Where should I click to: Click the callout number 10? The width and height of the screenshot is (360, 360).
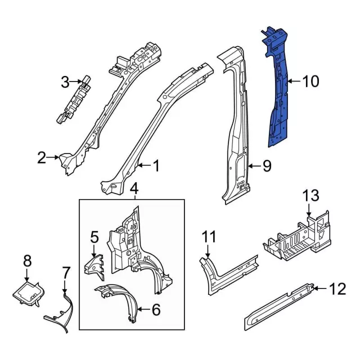(310, 82)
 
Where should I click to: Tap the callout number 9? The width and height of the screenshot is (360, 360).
(267, 166)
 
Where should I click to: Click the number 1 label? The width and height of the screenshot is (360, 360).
(156, 166)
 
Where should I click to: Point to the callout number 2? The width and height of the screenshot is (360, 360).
(42, 159)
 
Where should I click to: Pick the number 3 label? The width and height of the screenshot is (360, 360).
(65, 83)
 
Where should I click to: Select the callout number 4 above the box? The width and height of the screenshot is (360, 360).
(134, 188)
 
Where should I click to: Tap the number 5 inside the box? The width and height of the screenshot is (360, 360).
(94, 237)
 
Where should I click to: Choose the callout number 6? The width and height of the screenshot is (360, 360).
(156, 309)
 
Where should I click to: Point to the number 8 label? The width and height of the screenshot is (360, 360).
(27, 260)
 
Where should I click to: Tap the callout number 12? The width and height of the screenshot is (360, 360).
(337, 290)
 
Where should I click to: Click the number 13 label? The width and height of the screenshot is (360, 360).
(310, 196)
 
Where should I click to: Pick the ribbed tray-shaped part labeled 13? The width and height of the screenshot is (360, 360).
(292, 239)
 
